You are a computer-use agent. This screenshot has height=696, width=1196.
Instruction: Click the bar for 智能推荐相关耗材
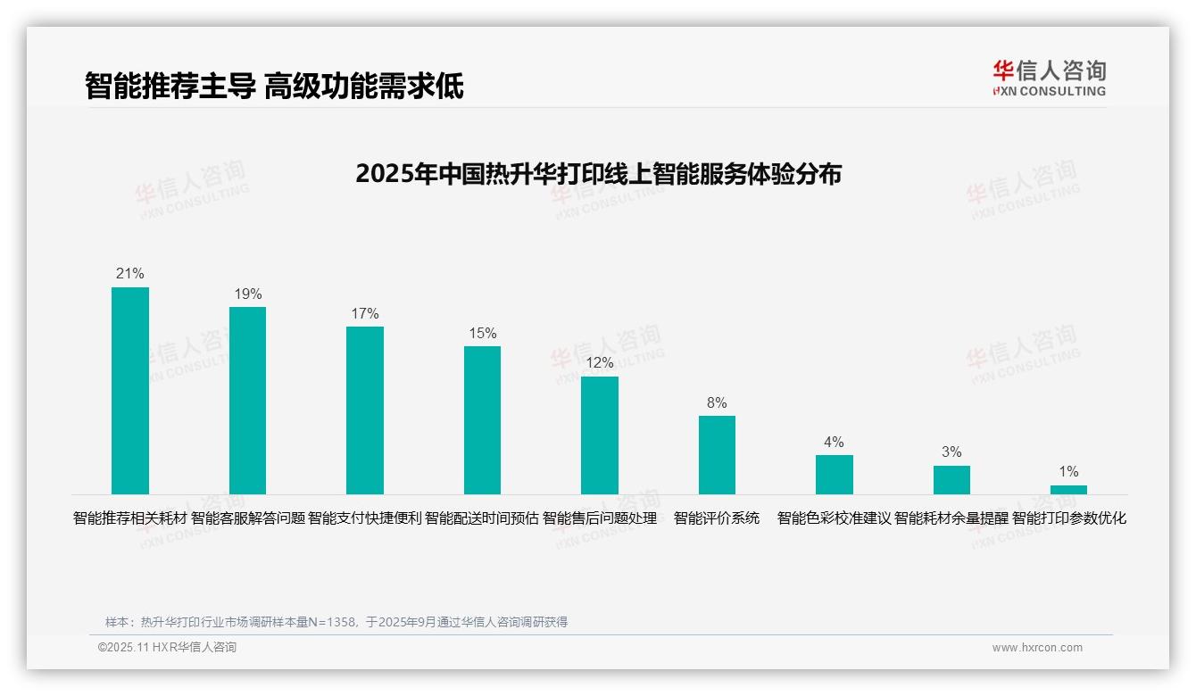130,391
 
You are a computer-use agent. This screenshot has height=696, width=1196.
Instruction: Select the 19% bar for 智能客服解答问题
247,401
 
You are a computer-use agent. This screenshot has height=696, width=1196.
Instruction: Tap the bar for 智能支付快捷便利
365,410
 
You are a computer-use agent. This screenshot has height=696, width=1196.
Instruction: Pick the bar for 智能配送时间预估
482,420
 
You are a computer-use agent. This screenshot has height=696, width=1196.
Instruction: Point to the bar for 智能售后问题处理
600,435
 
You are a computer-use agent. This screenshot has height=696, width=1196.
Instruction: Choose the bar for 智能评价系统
717,455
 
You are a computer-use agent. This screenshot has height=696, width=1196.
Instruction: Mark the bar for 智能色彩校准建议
835,475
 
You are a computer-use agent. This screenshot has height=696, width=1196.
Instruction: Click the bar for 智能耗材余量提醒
951,480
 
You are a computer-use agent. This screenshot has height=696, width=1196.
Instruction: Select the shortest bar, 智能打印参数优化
1068,490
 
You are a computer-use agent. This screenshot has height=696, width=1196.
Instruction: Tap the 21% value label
130,274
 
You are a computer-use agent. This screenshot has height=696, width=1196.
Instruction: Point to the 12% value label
600,363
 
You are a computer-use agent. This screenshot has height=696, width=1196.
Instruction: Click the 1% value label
1068,472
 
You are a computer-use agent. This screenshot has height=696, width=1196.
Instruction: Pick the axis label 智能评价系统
717,518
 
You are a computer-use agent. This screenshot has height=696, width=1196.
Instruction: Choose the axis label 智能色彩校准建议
835,518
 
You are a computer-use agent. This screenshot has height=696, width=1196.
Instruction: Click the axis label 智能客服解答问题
248,518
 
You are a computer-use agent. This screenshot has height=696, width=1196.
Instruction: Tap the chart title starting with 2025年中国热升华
598,174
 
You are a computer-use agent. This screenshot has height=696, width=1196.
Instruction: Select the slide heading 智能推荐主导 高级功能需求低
274,87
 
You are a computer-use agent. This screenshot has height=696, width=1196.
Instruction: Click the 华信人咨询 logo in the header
1049,78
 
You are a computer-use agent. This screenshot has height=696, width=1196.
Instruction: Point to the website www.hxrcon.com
1037,648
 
